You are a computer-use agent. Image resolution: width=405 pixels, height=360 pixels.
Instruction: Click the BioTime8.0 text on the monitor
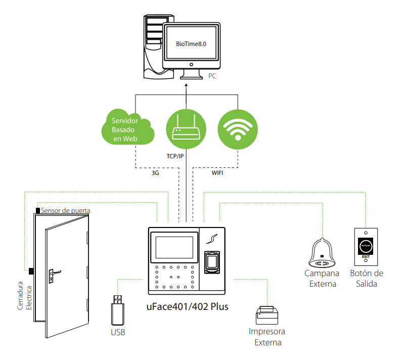[x=191, y=44]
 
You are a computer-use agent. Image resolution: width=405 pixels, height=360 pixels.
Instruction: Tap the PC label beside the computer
[x=212, y=76]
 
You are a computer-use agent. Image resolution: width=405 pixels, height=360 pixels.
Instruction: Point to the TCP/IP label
[x=175, y=156]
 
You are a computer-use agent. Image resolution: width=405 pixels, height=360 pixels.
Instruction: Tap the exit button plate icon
[x=366, y=245]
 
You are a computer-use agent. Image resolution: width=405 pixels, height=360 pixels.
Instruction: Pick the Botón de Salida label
[x=366, y=278]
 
